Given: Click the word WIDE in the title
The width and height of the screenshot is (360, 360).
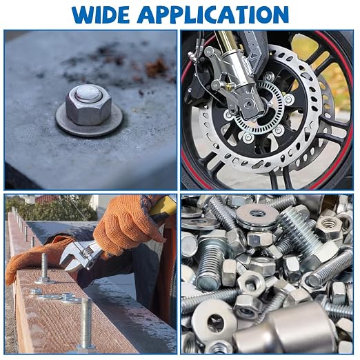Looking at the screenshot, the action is (x=101, y=14).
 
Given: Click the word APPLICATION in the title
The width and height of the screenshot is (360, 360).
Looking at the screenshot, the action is (x=213, y=14).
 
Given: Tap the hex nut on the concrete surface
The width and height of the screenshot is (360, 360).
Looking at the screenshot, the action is (x=89, y=105).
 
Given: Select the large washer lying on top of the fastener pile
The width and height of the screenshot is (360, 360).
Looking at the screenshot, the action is (x=257, y=215).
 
